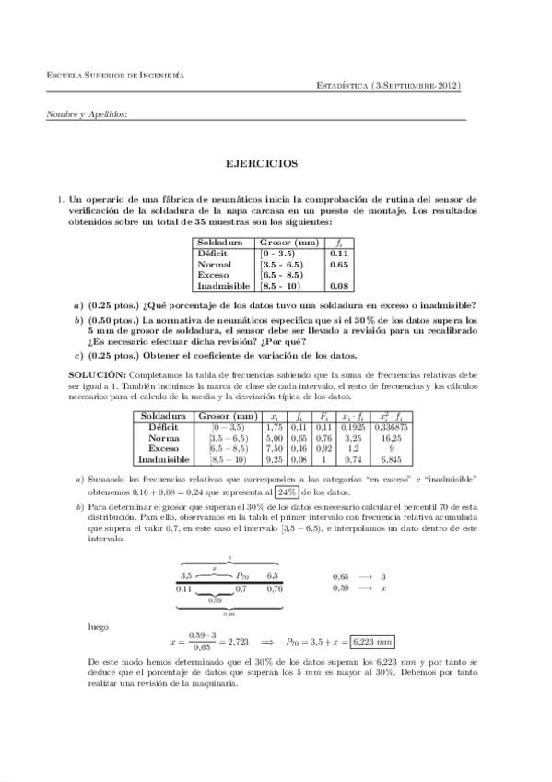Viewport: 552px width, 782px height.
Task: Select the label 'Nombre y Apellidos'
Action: click(87, 114)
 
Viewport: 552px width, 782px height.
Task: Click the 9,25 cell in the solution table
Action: click(273, 458)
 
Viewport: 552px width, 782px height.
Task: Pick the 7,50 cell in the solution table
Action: click(273, 448)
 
